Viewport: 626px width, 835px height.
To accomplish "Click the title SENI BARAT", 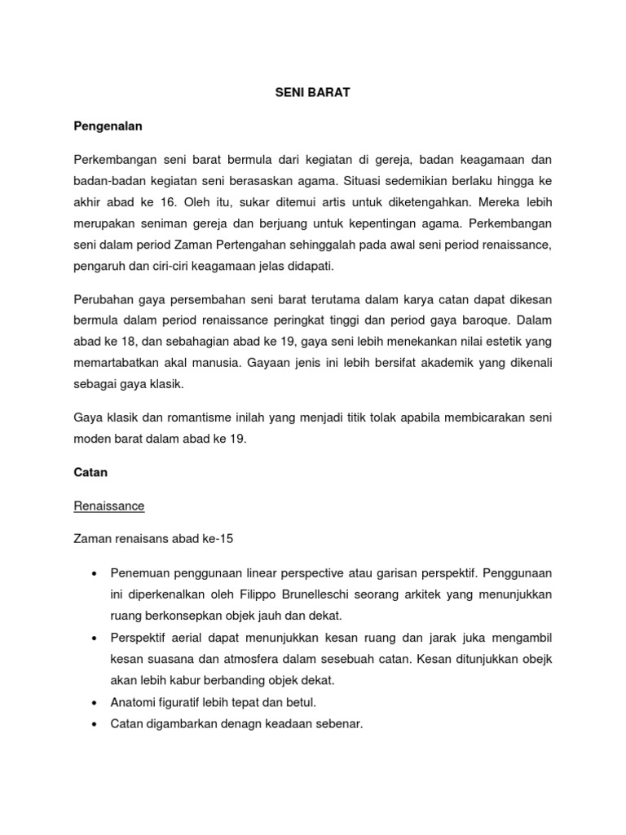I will tap(312, 93).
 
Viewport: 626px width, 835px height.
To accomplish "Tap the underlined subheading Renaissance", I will tap(108, 506).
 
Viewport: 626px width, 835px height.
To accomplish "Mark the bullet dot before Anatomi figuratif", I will tap(96, 702).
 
